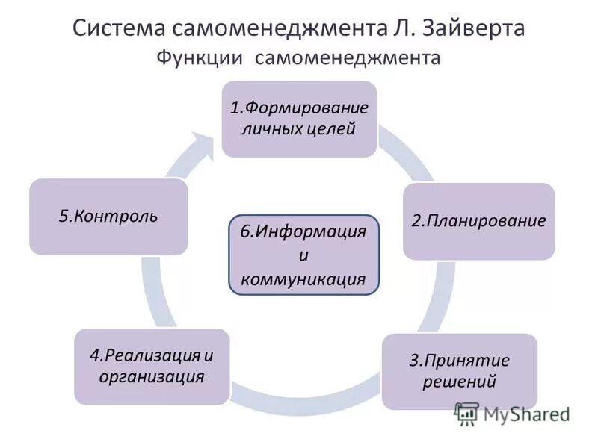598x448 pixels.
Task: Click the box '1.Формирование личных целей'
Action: tap(298, 119)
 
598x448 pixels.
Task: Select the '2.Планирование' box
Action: tap(479, 221)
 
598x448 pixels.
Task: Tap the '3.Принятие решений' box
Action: tap(459, 371)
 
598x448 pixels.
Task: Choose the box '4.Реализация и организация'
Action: tap(152, 366)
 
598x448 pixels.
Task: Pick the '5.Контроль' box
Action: tap(108, 217)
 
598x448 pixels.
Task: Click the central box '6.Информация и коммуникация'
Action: tap(303, 255)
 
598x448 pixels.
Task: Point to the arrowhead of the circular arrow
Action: tap(203, 142)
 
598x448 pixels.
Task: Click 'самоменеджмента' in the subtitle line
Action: tap(349, 57)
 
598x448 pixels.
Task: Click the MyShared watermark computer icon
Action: tap(468, 412)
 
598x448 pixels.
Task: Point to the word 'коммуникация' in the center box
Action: tap(303, 279)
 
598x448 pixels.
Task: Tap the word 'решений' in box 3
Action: tap(459, 382)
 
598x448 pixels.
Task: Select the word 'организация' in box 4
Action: tap(152, 376)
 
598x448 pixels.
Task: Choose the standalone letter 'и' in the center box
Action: tap(303, 255)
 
